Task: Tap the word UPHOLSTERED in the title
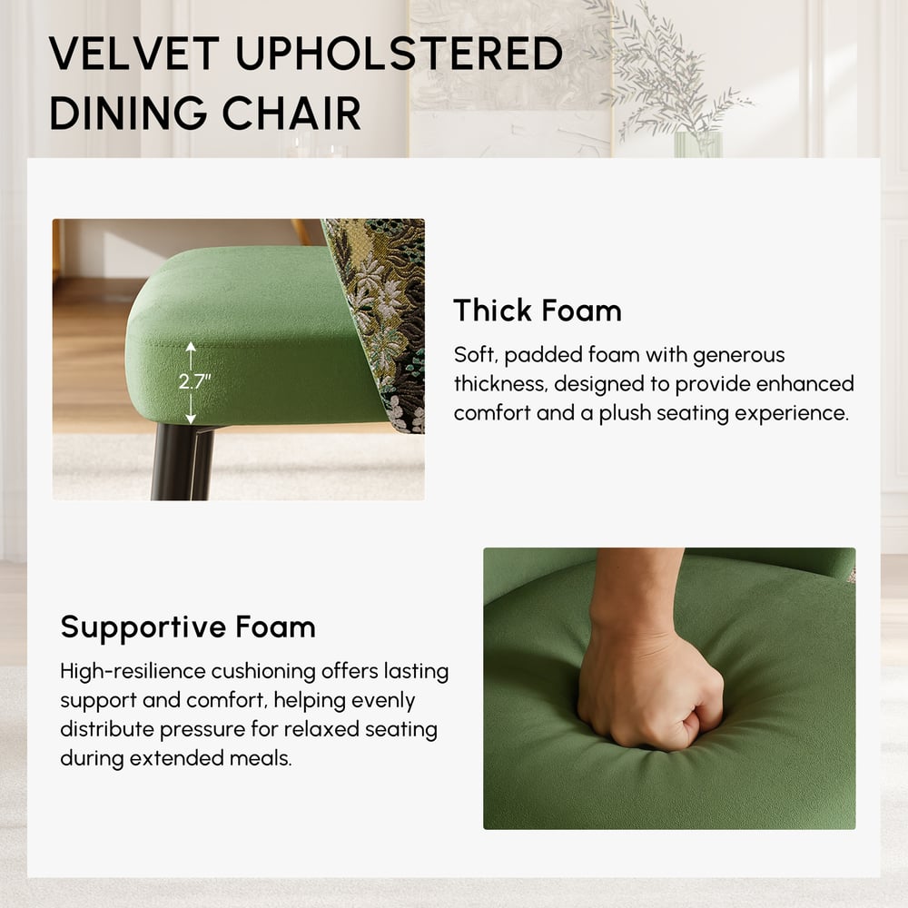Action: pos(400,55)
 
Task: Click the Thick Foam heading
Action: pos(538,311)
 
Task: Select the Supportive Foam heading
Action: pos(188,627)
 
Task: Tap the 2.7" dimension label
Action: pos(193,381)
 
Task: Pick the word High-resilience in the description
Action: pos(133,672)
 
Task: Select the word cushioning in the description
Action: pos(264,672)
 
